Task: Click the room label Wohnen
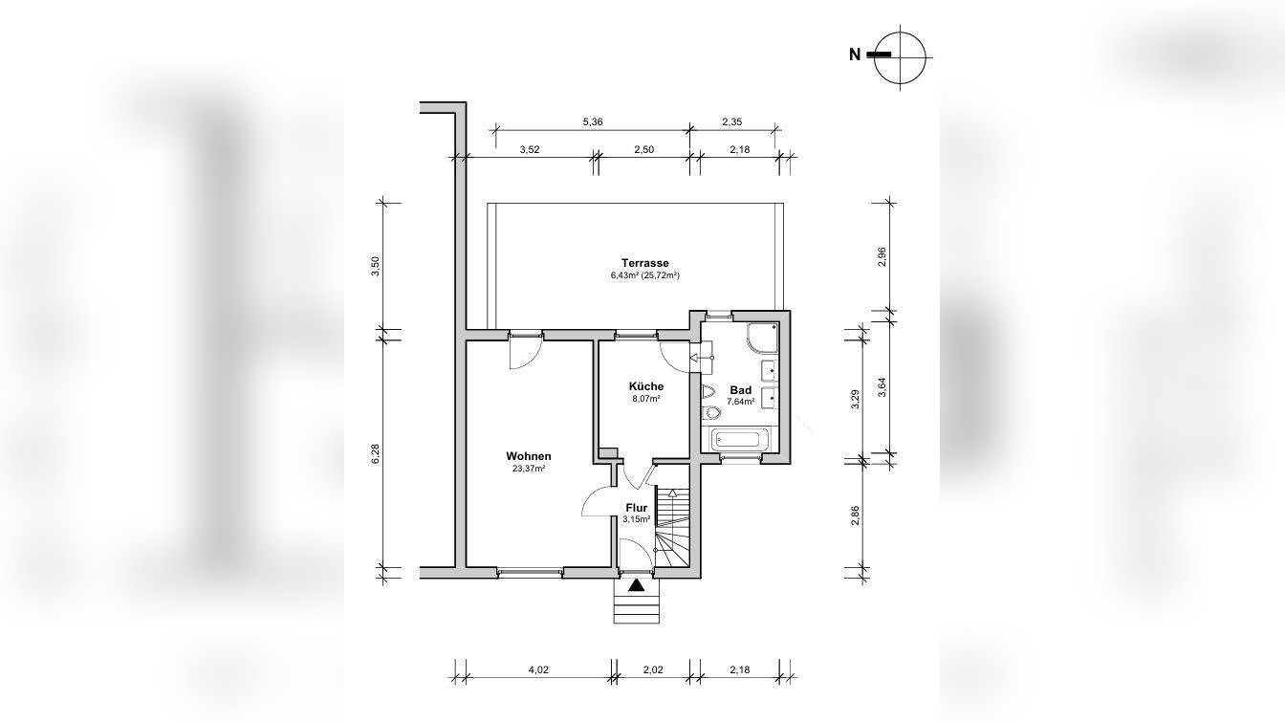[x=529, y=456]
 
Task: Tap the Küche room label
[x=646, y=386]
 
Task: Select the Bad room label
[x=741, y=391]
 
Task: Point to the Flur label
[x=636, y=508]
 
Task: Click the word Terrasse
[x=644, y=263]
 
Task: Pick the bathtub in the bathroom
[x=739, y=440]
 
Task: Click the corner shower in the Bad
[x=762, y=339]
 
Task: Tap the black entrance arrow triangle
[x=636, y=586]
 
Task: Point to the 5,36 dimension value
[x=593, y=121]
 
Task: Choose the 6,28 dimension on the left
[x=375, y=454]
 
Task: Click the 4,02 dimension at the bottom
[x=538, y=669]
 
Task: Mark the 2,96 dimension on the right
[x=882, y=257]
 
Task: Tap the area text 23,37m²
[x=529, y=469]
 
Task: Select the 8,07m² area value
[x=646, y=398]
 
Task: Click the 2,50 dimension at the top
[x=643, y=150]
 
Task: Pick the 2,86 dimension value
[x=855, y=515]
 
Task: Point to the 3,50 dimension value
[x=375, y=267]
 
